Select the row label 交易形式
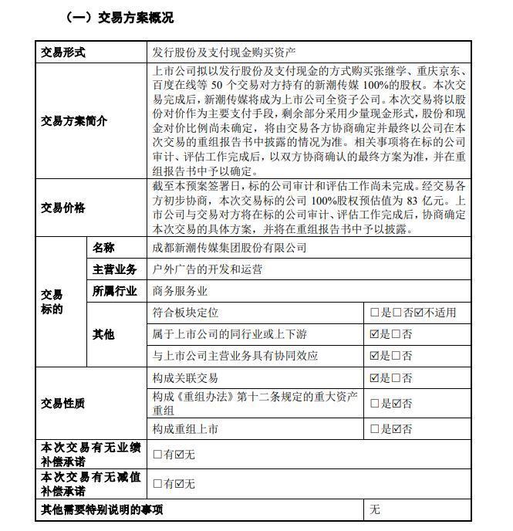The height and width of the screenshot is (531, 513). pos(63,52)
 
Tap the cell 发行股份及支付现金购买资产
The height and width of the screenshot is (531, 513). pos(224,52)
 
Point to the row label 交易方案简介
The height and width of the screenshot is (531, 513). pos(74,121)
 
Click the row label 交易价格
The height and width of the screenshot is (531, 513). pos(63,208)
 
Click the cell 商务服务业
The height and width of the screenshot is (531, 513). pos(181,291)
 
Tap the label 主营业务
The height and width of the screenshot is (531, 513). pos(115,269)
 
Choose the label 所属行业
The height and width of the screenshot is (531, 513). pos(115,291)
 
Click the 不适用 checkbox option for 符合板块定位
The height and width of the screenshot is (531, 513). pos(419,313)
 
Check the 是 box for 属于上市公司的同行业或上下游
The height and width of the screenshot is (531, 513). pos(375,334)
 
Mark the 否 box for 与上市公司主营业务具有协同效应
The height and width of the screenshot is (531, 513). pos(397,356)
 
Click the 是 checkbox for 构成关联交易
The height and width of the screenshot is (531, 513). pos(375,378)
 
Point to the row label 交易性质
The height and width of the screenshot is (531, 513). pos(63,404)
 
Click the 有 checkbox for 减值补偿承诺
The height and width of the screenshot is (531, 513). pos(157,484)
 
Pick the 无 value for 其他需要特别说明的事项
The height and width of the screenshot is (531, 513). pos(375,509)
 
